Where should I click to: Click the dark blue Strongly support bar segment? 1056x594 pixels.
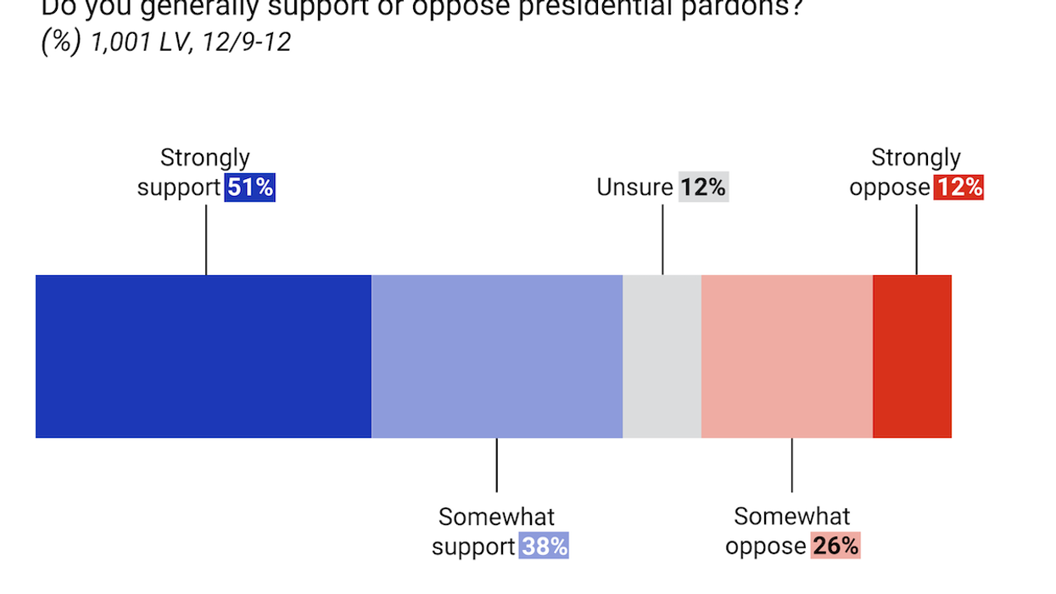(x=204, y=356)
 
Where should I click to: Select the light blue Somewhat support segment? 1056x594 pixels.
(x=497, y=356)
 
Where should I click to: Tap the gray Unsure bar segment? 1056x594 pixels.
(x=662, y=356)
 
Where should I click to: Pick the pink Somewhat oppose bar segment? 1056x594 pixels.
(x=787, y=356)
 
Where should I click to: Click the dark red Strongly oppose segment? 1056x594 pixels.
(x=913, y=356)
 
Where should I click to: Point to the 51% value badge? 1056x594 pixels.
(x=250, y=188)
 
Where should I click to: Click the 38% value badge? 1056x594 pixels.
(x=544, y=546)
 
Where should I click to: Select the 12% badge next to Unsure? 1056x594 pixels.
(x=702, y=188)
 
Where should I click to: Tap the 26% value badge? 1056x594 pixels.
(x=835, y=546)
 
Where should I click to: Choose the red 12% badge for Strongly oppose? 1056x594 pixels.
(x=958, y=188)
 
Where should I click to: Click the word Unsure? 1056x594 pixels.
(x=634, y=188)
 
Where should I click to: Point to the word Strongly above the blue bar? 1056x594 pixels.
(x=205, y=158)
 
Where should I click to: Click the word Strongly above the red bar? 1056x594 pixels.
(x=916, y=158)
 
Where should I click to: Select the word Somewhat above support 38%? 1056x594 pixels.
(x=497, y=516)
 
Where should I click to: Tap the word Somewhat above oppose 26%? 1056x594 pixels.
(x=792, y=516)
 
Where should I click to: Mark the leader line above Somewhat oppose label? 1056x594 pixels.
(x=792, y=465)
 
